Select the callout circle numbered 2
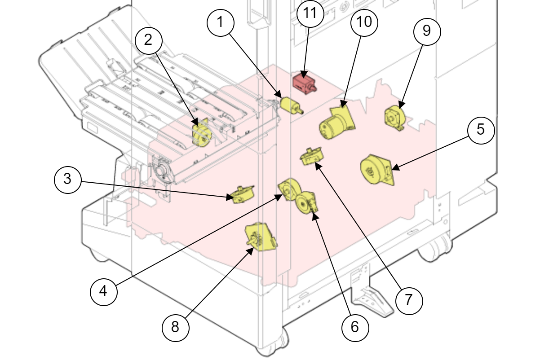(x=148, y=40)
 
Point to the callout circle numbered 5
(x=481, y=130)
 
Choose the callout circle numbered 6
(x=355, y=327)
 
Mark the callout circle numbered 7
(x=409, y=300)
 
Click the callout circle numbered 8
(x=175, y=327)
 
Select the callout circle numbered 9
(x=427, y=31)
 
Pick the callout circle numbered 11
(x=310, y=13)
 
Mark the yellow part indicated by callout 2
(x=201, y=135)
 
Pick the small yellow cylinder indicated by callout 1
(x=290, y=105)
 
